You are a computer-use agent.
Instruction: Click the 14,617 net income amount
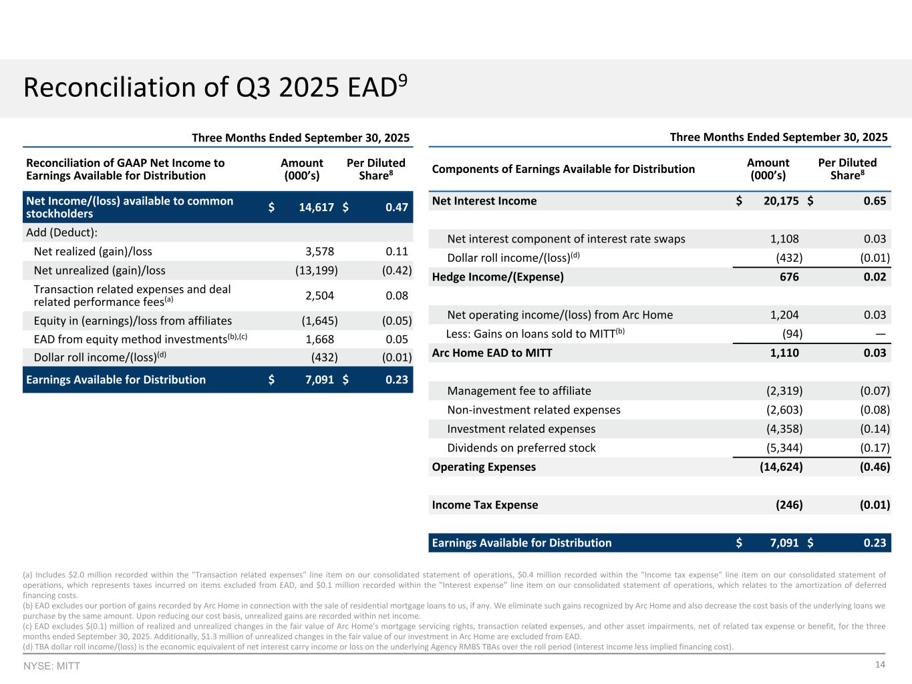pyautogui.click(x=316, y=207)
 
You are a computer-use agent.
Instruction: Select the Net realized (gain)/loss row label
pyautogui.click(x=93, y=251)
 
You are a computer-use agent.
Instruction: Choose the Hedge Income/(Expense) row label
pyautogui.click(x=498, y=277)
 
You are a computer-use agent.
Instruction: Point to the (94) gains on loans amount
pyautogui.click(x=792, y=333)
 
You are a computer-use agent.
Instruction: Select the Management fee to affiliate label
pyautogui.click(x=519, y=391)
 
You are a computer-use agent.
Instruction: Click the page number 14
pyautogui.click(x=880, y=665)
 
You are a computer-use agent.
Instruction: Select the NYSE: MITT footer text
pyautogui.click(x=51, y=666)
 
